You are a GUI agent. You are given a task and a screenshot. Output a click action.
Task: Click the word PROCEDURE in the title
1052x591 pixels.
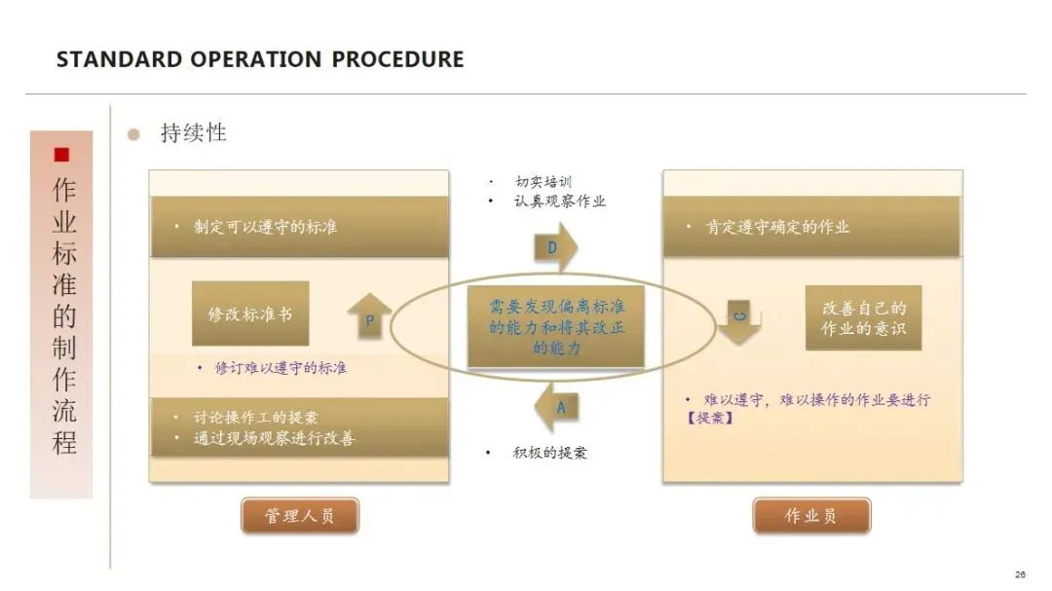(x=397, y=59)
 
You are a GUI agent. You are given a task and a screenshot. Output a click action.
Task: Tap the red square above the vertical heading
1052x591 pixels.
(x=61, y=155)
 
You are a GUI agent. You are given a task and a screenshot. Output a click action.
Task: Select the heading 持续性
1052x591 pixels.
(x=193, y=133)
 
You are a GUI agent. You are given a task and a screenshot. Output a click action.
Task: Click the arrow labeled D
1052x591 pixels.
(x=555, y=248)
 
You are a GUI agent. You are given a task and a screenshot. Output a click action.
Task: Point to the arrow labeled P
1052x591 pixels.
(x=369, y=317)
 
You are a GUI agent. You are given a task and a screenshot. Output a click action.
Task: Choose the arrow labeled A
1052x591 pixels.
(x=557, y=407)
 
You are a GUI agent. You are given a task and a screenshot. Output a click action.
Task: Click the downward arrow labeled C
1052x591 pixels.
(x=741, y=322)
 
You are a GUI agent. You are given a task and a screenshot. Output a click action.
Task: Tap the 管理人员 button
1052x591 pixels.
(x=300, y=516)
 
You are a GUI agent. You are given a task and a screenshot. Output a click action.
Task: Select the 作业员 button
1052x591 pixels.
(x=810, y=516)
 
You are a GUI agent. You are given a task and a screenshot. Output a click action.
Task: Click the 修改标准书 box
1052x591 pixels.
(x=250, y=314)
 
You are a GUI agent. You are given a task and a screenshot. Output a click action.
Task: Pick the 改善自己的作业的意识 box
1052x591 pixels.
(x=863, y=318)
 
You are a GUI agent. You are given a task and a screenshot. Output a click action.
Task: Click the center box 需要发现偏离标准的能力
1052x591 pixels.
(x=556, y=326)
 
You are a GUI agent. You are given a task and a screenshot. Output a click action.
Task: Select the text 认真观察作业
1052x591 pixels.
(x=560, y=202)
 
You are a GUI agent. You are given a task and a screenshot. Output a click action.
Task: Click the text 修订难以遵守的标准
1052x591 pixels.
(x=281, y=368)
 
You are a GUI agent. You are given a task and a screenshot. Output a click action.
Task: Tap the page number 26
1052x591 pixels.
(x=1020, y=574)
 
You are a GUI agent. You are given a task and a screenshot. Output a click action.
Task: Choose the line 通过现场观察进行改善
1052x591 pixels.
(x=275, y=439)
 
